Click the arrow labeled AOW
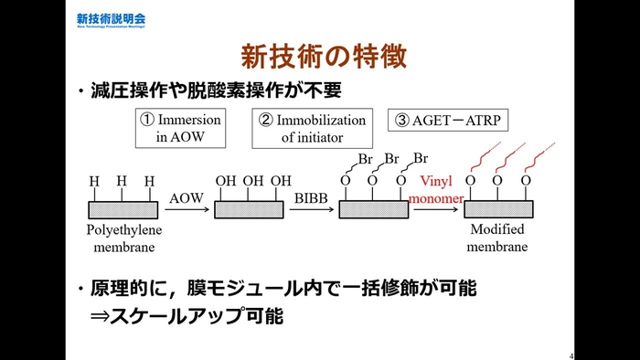coord(186,208)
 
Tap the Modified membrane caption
coord(498,239)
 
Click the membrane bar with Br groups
coord(373,208)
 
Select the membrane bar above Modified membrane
coord(498,208)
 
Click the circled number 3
coord(403,120)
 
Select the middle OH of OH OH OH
coord(253,180)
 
